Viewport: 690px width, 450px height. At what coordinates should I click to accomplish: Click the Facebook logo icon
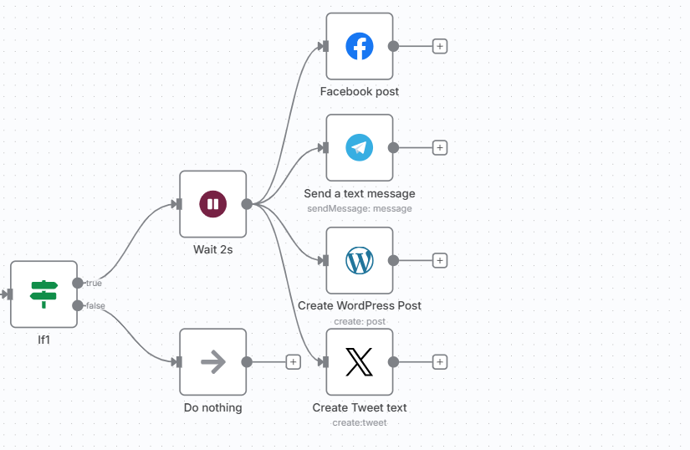(x=360, y=47)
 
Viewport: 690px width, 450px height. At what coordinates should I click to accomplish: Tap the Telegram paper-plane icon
(x=360, y=148)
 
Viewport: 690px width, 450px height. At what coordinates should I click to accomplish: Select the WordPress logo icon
(x=360, y=260)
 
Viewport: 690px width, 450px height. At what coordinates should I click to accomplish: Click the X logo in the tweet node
(x=360, y=362)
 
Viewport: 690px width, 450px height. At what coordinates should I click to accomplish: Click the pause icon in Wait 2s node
(x=212, y=203)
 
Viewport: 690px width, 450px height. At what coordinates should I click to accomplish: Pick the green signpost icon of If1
(x=43, y=294)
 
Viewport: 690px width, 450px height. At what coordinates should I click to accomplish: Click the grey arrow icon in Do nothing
(x=213, y=361)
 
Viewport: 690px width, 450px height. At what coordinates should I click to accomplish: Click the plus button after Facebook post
(x=440, y=47)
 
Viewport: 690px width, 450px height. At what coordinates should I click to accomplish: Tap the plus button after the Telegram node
(x=440, y=148)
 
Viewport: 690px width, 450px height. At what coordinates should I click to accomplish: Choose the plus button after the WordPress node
(x=440, y=260)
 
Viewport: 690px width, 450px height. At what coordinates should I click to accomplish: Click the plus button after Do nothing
(x=293, y=362)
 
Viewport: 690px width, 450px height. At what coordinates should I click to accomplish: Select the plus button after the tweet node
(x=440, y=362)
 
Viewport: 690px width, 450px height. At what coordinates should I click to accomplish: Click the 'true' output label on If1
(x=94, y=284)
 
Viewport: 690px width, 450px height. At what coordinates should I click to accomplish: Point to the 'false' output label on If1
(x=95, y=305)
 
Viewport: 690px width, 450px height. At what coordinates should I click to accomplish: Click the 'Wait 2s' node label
(x=212, y=249)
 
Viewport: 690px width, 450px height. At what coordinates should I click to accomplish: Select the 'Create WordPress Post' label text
(x=360, y=305)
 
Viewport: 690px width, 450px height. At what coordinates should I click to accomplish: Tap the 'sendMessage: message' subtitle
(x=360, y=208)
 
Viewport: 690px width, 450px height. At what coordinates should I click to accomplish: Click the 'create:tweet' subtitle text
(x=360, y=422)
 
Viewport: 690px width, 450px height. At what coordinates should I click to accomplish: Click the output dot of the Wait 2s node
(x=247, y=203)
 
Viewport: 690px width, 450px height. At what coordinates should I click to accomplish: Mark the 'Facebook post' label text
(x=360, y=91)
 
